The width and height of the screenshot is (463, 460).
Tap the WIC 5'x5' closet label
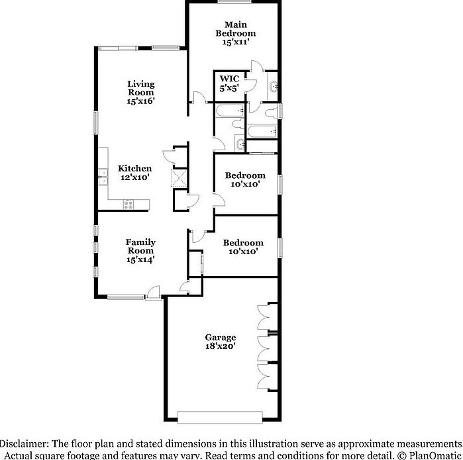(229, 83)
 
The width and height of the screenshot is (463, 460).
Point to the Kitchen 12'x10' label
(134, 173)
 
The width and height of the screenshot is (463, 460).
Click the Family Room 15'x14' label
(140, 251)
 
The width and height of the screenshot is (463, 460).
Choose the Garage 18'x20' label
(221, 342)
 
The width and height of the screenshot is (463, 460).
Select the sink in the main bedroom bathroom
(274, 85)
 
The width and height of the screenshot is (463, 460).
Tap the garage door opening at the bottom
(220, 416)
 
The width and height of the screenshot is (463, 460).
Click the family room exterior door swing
(154, 292)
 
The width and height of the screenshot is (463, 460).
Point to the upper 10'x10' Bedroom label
(245, 179)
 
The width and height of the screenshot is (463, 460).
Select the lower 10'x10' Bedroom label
(242, 247)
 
